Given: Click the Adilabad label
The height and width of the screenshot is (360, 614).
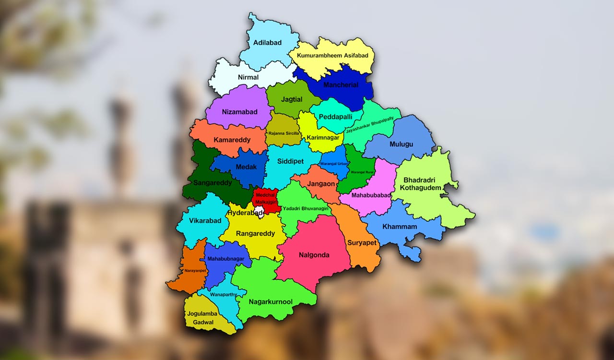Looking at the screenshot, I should click(x=267, y=43).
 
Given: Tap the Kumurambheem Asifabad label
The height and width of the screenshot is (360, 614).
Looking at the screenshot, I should click(x=332, y=56).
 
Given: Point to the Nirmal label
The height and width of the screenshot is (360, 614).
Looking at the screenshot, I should click(x=248, y=77).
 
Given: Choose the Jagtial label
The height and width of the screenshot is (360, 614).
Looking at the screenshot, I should click(x=292, y=100).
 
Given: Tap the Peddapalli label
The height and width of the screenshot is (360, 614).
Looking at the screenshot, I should click(x=335, y=117).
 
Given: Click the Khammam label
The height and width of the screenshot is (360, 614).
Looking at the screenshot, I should click(x=400, y=227).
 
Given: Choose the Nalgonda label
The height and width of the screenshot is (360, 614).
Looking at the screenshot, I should click(x=314, y=255).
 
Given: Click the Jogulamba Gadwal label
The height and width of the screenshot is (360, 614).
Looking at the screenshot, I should click(x=202, y=318).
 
